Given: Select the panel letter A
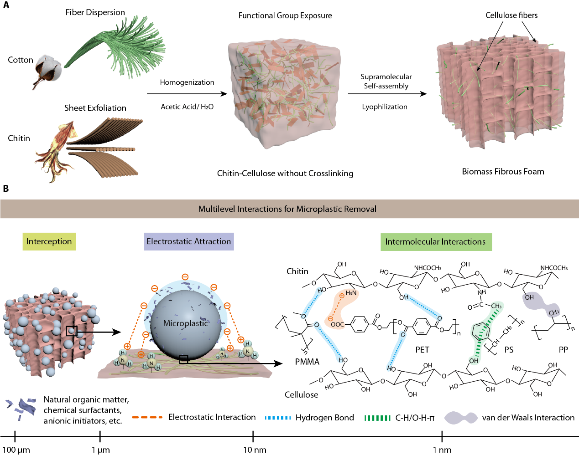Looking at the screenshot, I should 6,5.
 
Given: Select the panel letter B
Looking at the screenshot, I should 6,188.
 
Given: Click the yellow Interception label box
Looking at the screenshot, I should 49,241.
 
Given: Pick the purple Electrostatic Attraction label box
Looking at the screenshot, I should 189,241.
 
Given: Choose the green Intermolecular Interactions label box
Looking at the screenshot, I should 436,242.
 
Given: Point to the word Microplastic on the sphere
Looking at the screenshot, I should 186,323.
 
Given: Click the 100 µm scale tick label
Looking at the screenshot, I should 16,450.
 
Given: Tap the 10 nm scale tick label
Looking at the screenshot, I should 255,450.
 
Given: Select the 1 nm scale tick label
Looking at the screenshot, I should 442,450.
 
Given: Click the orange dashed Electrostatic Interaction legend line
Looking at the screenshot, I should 147,417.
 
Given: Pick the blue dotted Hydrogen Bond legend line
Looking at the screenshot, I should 277,418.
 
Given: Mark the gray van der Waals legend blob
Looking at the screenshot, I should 461,418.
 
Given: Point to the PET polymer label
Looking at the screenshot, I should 422,350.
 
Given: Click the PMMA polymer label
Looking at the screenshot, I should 307,362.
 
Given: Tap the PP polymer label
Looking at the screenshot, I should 563,350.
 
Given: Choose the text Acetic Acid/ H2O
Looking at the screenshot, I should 187,107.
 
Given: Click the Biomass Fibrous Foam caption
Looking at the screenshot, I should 503,172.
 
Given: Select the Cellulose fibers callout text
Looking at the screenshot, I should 511,15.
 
